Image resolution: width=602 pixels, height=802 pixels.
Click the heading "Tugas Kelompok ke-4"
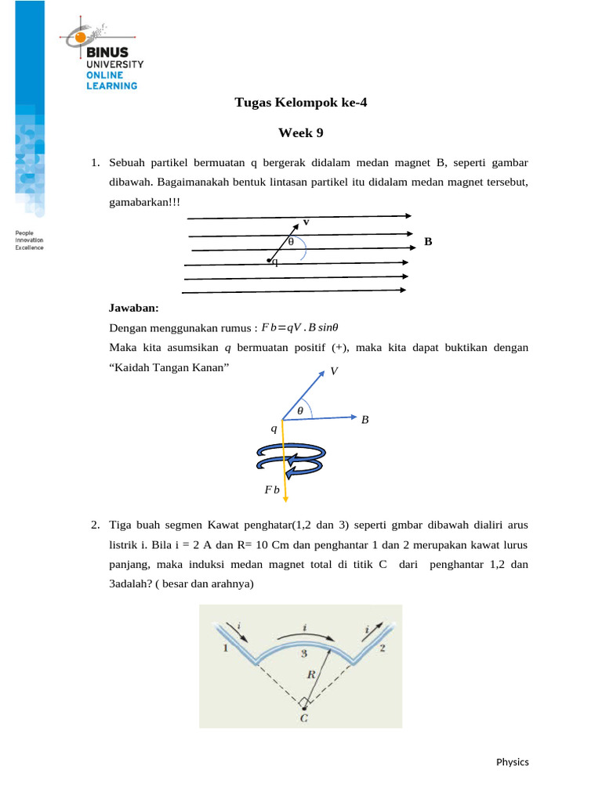(x=301, y=103)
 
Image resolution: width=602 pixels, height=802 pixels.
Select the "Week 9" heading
(x=301, y=133)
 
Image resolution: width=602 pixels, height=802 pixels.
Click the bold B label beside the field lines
(x=428, y=242)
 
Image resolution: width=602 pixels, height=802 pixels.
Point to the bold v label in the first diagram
(x=306, y=222)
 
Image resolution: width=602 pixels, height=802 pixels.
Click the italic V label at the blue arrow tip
(x=335, y=371)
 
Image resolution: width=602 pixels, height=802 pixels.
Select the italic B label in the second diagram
(x=364, y=420)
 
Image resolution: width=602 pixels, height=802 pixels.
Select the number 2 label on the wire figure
(x=381, y=648)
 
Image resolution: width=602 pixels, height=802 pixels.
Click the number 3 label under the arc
(x=303, y=652)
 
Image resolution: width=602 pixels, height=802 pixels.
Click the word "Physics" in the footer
(x=513, y=762)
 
